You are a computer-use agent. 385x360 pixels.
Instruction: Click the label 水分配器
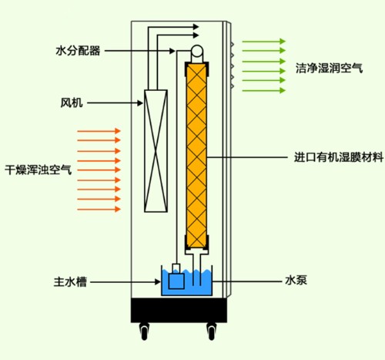tap(79, 52)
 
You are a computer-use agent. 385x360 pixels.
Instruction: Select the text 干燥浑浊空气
tap(38, 169)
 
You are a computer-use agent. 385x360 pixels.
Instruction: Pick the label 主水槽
tap(70, 283)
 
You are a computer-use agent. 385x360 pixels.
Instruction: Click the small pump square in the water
tap(177, 282)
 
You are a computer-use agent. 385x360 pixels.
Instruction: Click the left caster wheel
tap(144, 332)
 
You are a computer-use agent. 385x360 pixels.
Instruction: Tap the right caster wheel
tap(213, 332)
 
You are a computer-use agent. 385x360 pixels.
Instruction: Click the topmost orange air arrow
tap(99, 132)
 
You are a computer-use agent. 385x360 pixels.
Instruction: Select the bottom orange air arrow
tap(99, 208)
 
